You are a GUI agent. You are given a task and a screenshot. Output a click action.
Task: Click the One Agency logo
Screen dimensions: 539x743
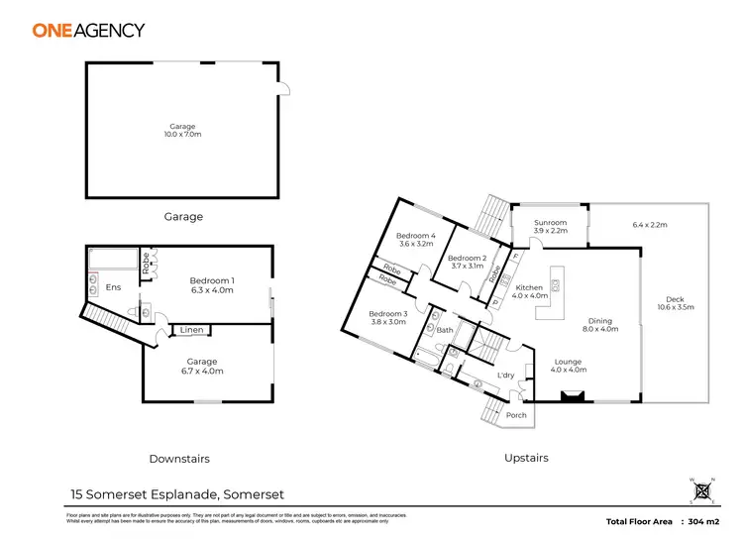point(88,31)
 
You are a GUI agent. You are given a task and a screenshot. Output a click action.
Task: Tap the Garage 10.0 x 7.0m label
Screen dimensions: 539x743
point(182,131)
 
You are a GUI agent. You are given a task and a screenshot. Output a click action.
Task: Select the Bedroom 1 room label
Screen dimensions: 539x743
point(210,285)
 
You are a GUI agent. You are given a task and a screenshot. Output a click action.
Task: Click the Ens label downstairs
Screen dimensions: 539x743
point(113,290)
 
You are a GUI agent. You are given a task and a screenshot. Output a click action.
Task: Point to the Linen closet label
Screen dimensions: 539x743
point(192,330)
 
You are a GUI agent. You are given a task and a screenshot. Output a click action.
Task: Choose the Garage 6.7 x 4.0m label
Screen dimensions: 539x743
point(202,367)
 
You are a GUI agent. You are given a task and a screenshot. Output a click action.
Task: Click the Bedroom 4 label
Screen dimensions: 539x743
point(417,239)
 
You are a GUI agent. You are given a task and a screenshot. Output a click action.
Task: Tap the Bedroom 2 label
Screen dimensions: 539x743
point(467,262)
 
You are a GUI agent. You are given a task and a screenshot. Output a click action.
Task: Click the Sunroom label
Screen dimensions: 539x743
point(550,227)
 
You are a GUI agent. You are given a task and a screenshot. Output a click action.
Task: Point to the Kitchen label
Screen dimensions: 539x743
point(531,291)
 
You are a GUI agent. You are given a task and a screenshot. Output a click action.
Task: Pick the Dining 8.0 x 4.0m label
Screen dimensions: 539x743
point(599,326)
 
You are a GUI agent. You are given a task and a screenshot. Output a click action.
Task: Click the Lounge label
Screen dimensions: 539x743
point(569,366)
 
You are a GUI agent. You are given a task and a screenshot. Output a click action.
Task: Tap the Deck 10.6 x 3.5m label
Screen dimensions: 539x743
point(675,303)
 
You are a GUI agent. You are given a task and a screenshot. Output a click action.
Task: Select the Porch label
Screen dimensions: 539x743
point(516,415)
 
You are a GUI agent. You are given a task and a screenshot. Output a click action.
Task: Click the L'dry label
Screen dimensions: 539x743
point(505,376)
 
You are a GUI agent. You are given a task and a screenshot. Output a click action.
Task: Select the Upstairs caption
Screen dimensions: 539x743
point(525,458)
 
